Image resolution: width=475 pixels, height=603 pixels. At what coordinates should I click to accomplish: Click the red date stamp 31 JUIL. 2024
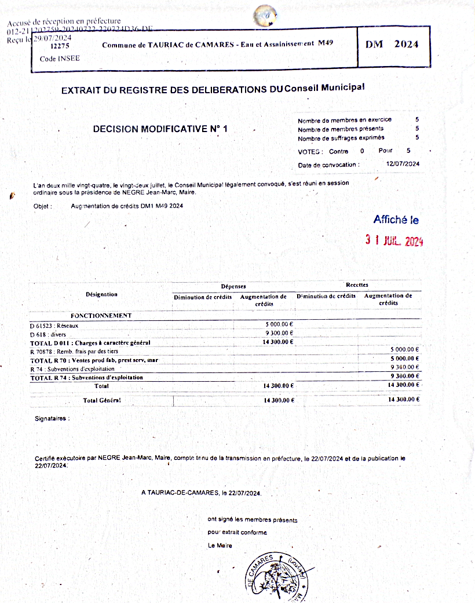pos(394,241)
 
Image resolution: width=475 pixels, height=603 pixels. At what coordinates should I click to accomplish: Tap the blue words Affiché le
pos(396,220)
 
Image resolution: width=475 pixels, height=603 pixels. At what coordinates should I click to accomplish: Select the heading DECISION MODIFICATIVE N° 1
pos(160,129)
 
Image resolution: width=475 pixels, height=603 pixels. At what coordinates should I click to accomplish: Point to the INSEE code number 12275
pos(60,46)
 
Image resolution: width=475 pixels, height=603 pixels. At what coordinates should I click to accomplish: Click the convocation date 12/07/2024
pos(403,165)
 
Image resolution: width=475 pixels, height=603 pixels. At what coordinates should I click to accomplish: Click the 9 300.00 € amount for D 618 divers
pos(279,333)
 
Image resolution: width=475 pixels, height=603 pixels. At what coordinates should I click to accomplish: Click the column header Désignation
pos(101,294)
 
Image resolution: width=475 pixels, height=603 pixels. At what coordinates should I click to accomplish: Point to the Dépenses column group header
pos(233,286)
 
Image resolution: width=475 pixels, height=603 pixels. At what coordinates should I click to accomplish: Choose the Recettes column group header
pos(357,285)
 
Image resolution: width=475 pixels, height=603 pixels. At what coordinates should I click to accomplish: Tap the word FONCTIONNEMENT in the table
pos(101,316)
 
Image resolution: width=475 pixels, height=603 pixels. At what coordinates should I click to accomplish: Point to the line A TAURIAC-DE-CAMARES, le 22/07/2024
pos(202,493)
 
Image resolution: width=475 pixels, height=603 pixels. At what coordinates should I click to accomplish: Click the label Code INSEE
pos(60,59)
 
